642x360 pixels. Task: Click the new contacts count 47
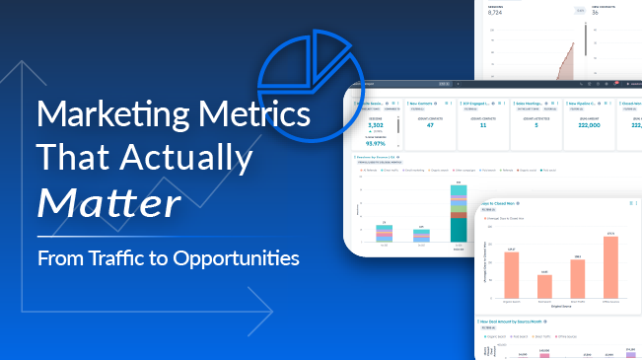pos(429,126)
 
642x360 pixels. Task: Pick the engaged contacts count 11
pos(483,126)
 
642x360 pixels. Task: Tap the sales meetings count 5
pos(536,126)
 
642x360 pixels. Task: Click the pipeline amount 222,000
pos(591,126)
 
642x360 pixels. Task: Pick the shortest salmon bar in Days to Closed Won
pos(544,287)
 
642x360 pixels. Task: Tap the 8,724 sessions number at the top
pos(502,11)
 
